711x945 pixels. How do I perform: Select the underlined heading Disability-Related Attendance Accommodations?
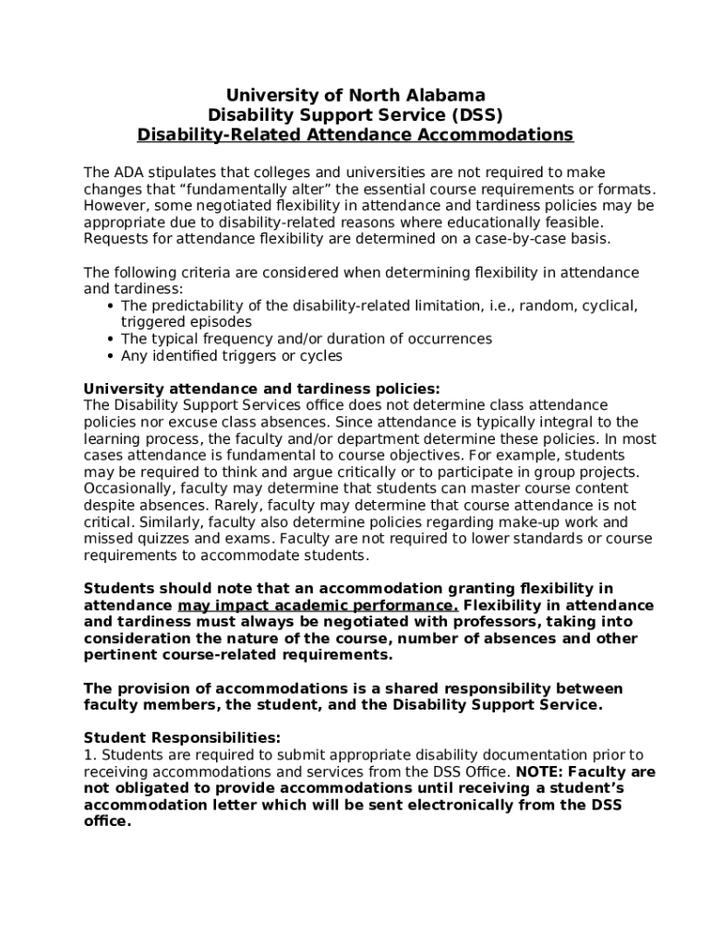355,136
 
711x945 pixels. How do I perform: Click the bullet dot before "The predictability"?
111,306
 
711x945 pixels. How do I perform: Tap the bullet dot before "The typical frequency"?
111,340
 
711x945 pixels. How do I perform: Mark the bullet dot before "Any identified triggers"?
111,356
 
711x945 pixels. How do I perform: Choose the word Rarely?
236,505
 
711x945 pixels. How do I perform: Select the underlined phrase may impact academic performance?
318,605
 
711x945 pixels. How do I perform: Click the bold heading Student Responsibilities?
182,738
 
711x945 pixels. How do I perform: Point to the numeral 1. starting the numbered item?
90,755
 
